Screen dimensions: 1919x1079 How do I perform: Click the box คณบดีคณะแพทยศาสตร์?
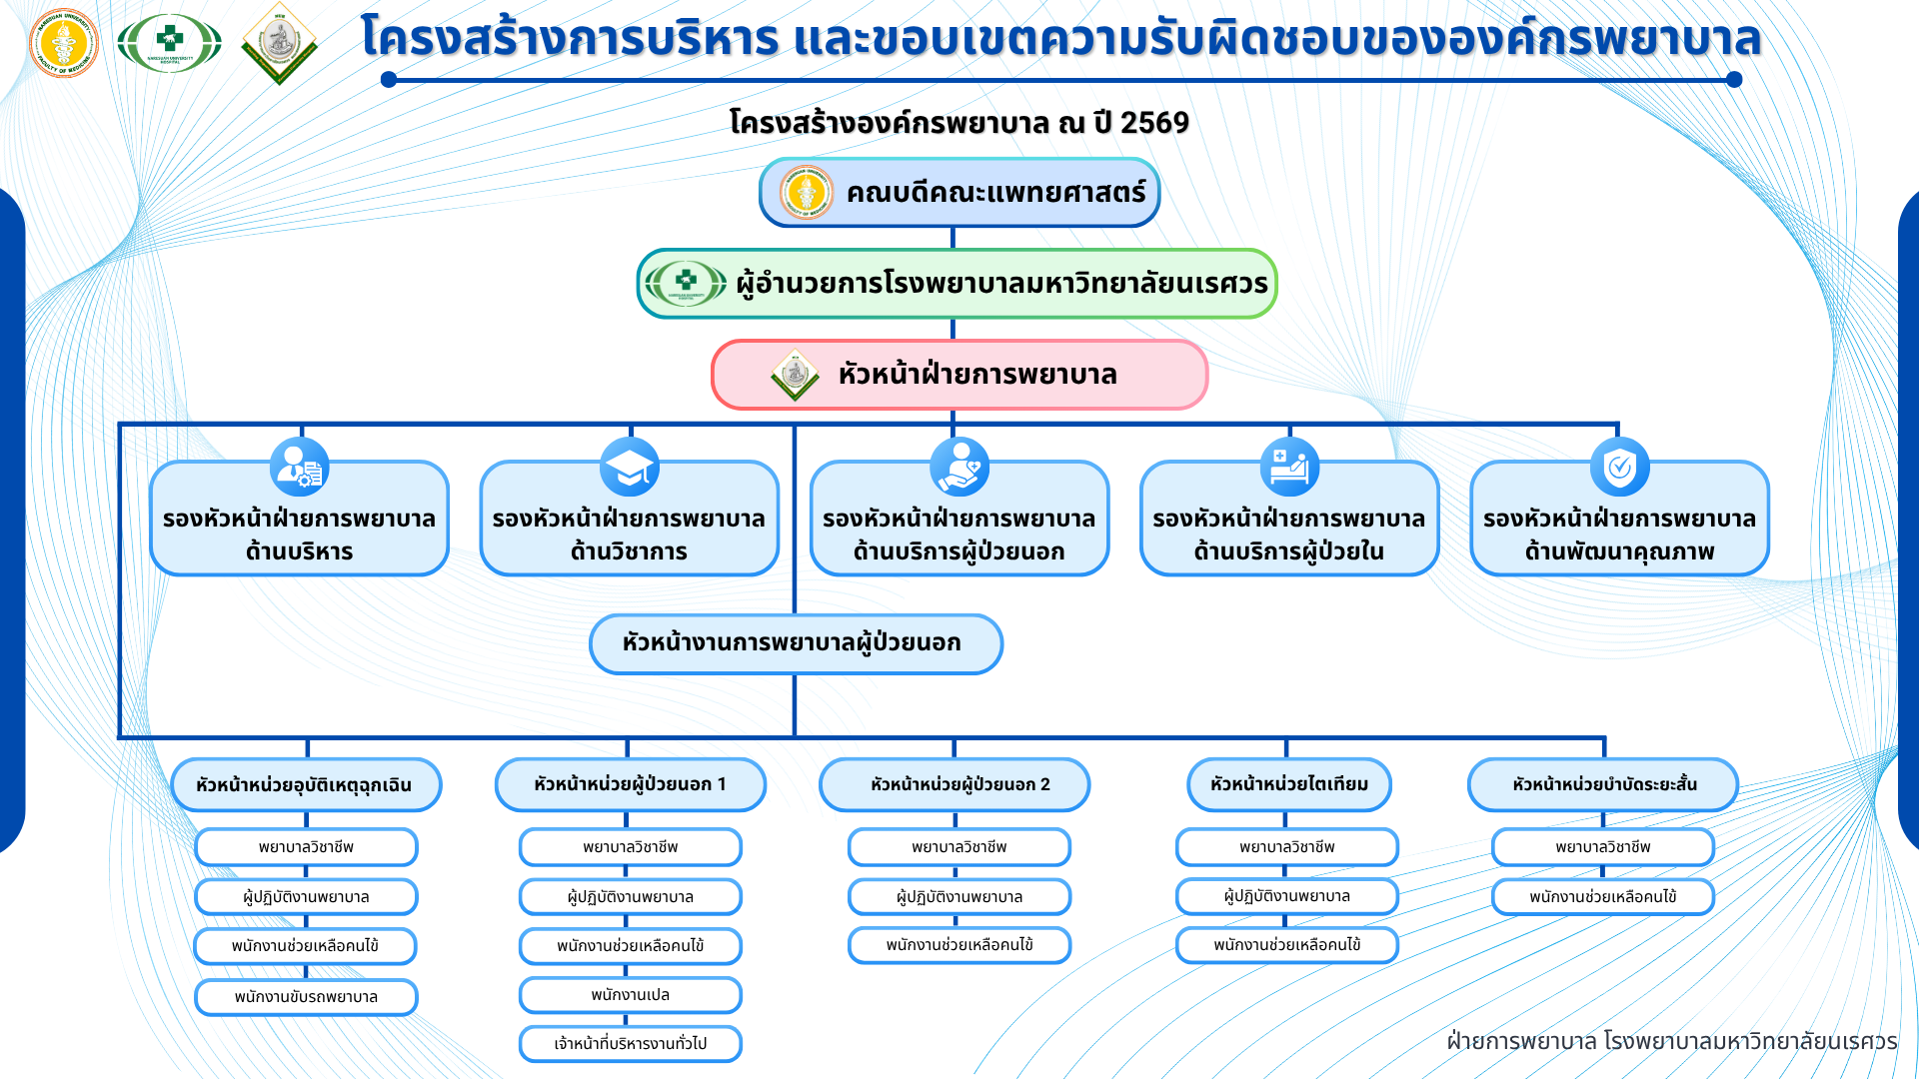click(x=959, y=192)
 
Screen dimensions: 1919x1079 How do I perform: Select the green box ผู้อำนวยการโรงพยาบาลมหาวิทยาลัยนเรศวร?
click(x=957, y=284)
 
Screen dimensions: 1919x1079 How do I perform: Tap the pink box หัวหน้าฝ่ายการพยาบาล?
click(x=959, y=375)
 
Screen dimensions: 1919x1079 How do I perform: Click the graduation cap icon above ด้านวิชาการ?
click(x=630, y=467)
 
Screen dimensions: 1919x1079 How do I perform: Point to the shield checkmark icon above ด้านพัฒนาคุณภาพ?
click(x=1619, y=467)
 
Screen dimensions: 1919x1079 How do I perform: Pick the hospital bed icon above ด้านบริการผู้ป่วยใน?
click(x=1289, y=467)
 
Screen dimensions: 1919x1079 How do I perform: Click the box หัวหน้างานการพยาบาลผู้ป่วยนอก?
click(x=796, y=643)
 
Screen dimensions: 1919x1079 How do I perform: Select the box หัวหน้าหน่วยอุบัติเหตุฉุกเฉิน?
click(x=306, y=784)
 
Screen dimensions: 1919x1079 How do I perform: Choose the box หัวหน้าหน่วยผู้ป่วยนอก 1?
click(x=630, y=784)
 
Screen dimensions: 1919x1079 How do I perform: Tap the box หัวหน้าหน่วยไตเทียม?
click(x=1289, y=784)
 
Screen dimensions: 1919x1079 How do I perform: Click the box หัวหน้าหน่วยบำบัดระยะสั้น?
click(x=1603, y=784)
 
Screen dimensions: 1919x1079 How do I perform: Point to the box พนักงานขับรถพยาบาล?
click(x=306, y=997)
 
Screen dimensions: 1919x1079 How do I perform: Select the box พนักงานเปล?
click(x=630, y=995)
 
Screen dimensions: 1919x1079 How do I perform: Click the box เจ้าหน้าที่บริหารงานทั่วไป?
click(x=630, y=1044)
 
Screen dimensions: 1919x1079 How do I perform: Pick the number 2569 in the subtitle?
click(x=1154, y=123)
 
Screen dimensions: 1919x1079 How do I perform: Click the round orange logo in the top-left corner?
click(x=65, y=42)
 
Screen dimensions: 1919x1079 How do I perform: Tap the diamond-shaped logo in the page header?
click(x=279, y=43)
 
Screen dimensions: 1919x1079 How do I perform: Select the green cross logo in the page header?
click(x=170, y=43)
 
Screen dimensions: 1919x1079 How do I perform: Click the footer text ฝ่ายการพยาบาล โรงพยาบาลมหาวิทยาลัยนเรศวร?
click(x=1672, y=1041)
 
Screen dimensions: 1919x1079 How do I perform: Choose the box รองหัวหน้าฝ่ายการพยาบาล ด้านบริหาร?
click(x=299, y=520)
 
